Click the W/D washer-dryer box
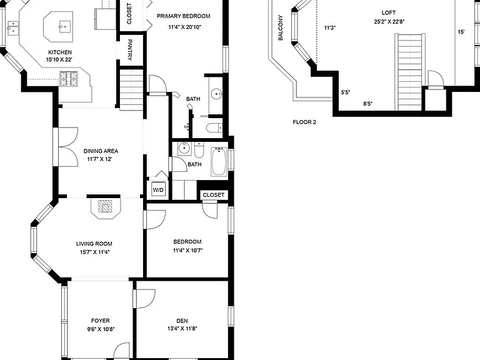point(158,190)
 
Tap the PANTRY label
point(130,50)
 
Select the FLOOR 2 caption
point(304,122)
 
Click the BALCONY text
point(281,28)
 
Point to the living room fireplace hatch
point(105,206)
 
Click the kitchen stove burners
point(69,79)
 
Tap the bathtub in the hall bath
point(219,161)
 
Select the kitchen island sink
point(64,26)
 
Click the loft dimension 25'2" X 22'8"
point(389,22)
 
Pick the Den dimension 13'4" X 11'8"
point(182,329)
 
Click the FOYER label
point(101,321)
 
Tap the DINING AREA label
point(101,151)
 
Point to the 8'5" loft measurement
point(367,104)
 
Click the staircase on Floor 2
point(410,72)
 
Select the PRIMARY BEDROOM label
point(183,16)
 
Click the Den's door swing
point(146,299)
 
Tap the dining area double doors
point(68,147)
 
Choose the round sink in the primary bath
point(217,93)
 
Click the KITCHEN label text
point(60,52)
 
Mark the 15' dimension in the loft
point(461,32)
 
